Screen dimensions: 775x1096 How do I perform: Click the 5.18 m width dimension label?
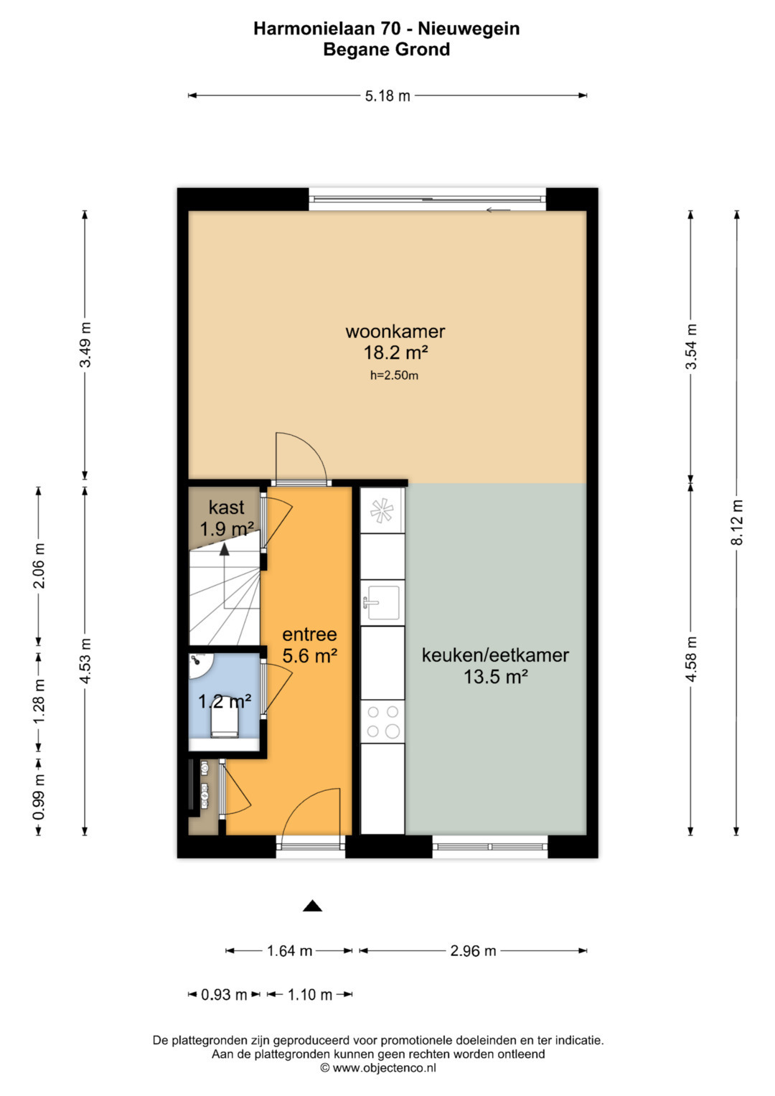387,96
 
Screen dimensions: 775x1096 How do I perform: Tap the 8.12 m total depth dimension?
737,522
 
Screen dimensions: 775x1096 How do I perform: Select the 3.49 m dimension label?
85,345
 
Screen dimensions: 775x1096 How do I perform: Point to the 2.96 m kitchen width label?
473,951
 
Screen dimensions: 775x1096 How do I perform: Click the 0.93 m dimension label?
224,995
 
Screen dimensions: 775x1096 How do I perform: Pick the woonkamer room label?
395,332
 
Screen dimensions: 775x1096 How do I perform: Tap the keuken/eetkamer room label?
495,655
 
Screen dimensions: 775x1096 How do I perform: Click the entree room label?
310,634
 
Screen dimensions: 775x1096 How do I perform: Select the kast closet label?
226,507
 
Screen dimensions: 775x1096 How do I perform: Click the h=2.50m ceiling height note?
394,376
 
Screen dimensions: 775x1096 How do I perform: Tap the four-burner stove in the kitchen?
382,722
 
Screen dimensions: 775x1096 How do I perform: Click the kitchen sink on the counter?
382,603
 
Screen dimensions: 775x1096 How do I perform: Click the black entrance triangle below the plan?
312,907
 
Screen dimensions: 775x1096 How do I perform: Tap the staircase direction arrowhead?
224,550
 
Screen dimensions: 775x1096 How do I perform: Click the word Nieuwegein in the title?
469,29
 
